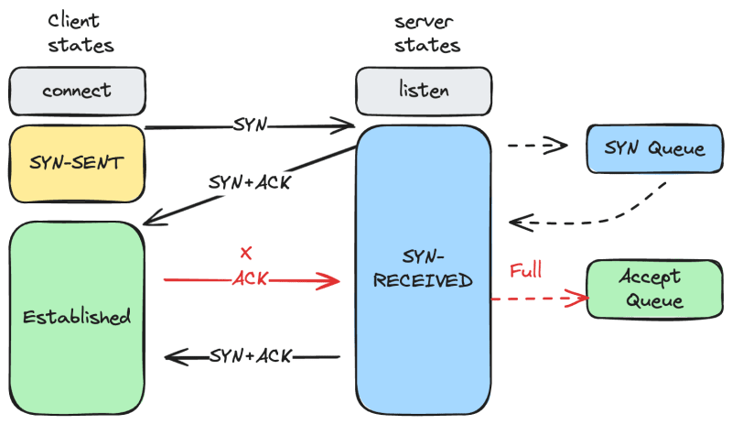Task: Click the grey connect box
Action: (x=77, y=91)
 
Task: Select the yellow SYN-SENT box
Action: (x=77, y=164)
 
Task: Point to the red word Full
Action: (x=526, y=270)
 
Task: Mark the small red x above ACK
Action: (x=244, y=252)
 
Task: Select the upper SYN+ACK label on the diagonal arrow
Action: (x=250, y=182)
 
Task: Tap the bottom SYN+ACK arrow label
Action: (x=251, y=355)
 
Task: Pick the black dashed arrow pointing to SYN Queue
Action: (x=535, y=144)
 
